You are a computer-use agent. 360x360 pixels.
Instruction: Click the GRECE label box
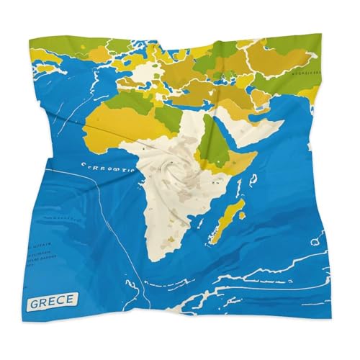coord(52,301)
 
